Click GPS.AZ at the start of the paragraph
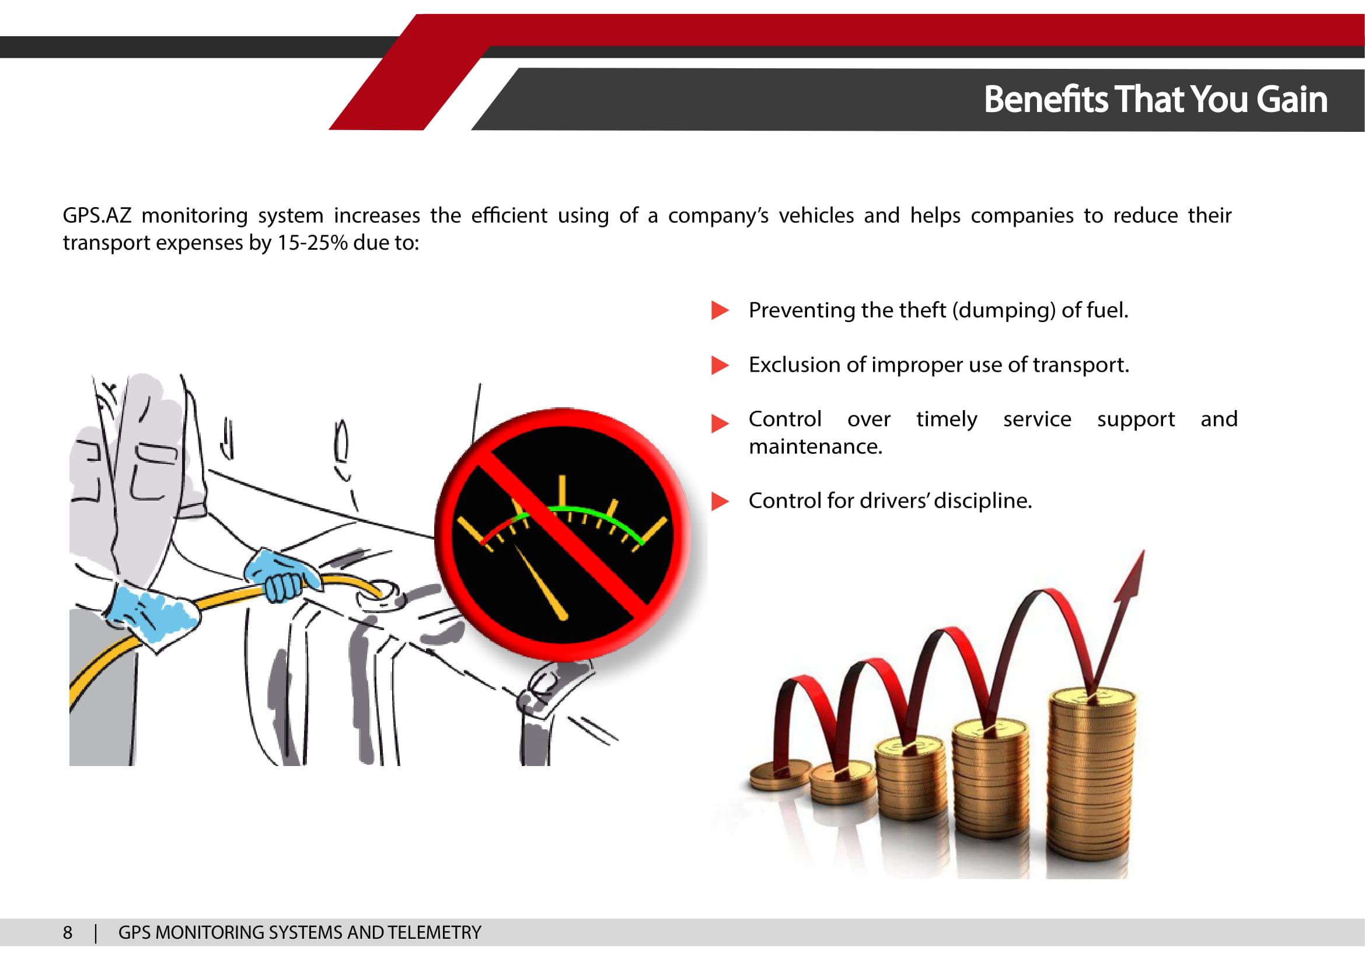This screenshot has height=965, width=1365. [x=97, y=215]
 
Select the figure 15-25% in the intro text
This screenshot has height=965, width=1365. [x=312, y=243]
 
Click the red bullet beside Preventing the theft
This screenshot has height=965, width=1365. [x=720, y=310]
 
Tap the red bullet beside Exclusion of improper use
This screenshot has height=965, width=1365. [x=720, y=365]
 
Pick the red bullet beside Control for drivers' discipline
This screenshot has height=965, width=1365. [x=720, y=501]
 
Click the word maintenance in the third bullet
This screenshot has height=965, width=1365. [x=815, y=446]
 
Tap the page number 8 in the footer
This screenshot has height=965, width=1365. [x=68, y=932]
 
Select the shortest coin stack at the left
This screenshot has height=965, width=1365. [x=780, y=775]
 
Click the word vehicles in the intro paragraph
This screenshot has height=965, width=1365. [x=816, y=215]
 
